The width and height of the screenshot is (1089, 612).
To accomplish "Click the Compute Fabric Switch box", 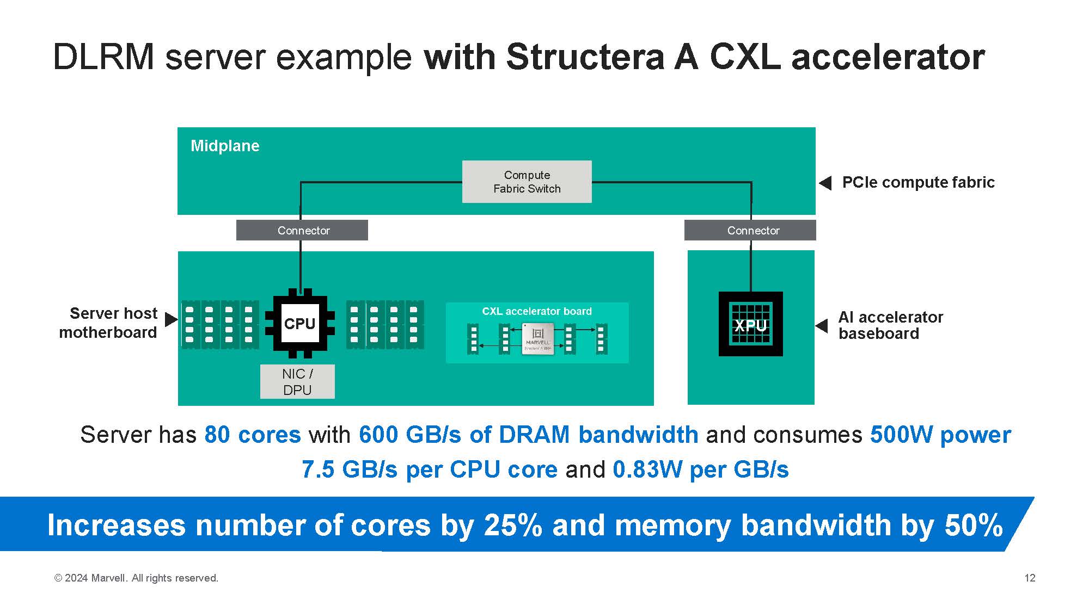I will click(x=527, y=182).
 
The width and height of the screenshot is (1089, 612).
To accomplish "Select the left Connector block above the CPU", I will click(x=302, y=230).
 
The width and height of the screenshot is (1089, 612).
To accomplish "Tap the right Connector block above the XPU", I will click(x=750, y=230).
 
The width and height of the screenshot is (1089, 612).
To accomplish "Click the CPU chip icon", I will click(x=300, y=324).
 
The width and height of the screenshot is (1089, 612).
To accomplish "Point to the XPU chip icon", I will click(x=750, y=324).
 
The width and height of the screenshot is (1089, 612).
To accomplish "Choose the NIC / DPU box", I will click(x=297, y=382).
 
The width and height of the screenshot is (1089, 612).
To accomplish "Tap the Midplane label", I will click(x=225, y=146).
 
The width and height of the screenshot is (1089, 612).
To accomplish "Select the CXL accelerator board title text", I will click(x=536, y=311).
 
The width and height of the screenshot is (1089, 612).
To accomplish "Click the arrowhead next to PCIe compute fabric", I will click(x=825, y=183).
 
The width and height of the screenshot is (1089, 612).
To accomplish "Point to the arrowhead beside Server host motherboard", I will click(x=171, y=319).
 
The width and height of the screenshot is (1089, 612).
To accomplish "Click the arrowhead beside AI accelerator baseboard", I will click(x=821, y=325).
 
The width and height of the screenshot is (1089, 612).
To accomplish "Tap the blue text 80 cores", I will click(x=253, y=435).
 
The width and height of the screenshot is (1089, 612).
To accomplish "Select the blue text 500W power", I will click(x=940, y=435).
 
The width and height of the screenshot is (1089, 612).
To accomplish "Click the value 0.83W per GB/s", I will click(x=700, y=469).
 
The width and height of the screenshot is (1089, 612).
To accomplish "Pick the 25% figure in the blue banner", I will click(x=512, y=526).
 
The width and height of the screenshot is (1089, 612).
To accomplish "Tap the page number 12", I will click(x=1030, y=578).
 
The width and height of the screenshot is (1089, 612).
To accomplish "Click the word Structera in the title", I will click(x=585, y=57).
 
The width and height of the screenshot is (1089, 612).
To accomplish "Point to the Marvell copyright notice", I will click(x=136, y=578).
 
